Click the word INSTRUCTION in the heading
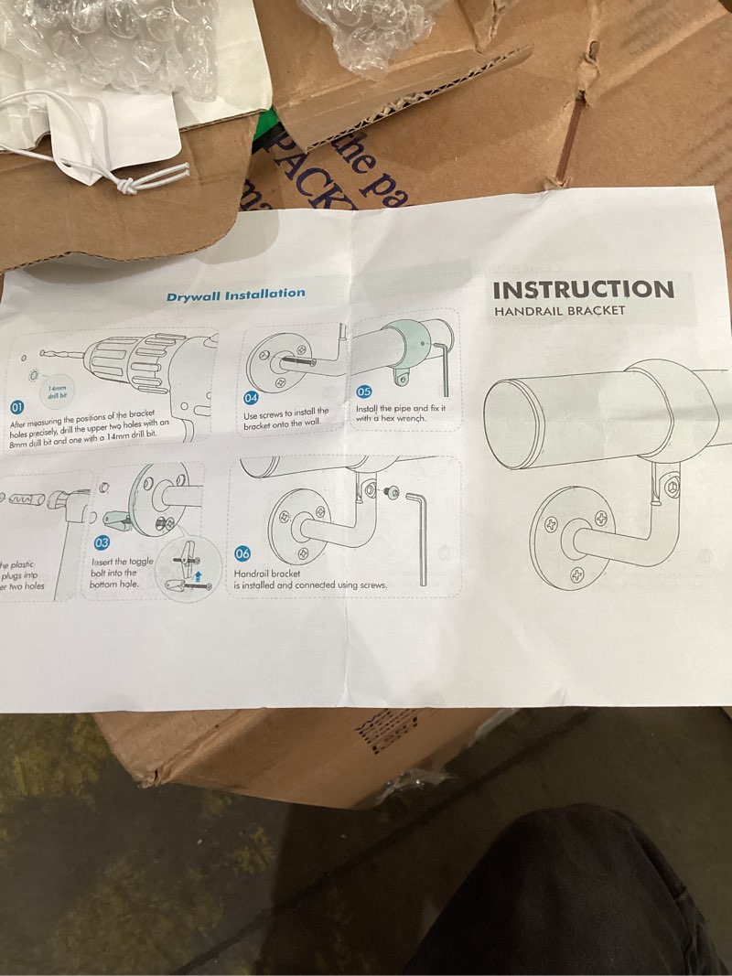(x=583, y=290)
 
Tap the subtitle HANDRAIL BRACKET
(x=559, y=311)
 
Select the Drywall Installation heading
(x=235, y=295)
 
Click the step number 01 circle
(x=16, y=407)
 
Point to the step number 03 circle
(x=102, y=543)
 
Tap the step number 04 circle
(x=252, y=398)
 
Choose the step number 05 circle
(x=363, y=391)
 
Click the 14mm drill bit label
(x=59, y=391)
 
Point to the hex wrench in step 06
(x=420, y=535)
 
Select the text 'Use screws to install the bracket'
(x=285, y=418)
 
